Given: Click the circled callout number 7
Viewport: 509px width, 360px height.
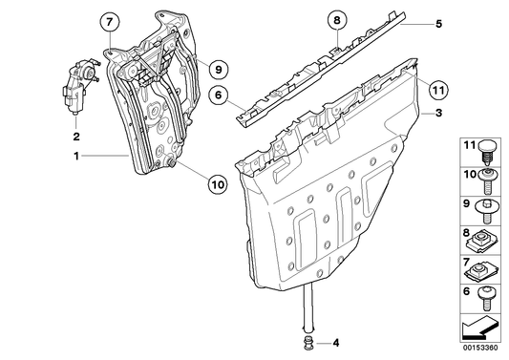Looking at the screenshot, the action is coord(109,22).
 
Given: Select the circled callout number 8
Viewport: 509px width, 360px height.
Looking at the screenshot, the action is coord(337,20).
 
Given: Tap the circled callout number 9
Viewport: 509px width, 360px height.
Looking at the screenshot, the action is coord(218,69).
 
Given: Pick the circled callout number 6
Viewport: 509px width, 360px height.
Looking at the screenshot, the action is coord(218,95).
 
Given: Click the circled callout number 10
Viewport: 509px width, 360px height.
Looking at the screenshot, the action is coord(218,184).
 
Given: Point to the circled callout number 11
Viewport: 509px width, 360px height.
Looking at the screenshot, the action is coord(438,90).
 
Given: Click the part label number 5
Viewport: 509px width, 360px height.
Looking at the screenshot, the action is coord(438,24).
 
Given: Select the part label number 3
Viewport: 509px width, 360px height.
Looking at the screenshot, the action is coord(438,113).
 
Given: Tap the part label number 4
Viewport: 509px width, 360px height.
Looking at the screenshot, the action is coord(335,343).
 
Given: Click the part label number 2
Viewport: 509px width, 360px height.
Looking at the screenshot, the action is coord(76,137).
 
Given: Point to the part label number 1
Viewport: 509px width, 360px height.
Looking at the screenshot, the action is coord(76,157).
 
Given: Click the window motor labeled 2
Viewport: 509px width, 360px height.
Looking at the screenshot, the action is coord(79,86).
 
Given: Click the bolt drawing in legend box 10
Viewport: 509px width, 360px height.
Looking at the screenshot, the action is coord(487,181).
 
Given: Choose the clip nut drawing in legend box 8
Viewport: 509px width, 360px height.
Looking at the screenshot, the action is coord(481,242).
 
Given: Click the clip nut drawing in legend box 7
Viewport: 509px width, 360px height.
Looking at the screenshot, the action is coord(481,271).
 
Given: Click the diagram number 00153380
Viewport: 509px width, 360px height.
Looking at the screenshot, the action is coord(480,348).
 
